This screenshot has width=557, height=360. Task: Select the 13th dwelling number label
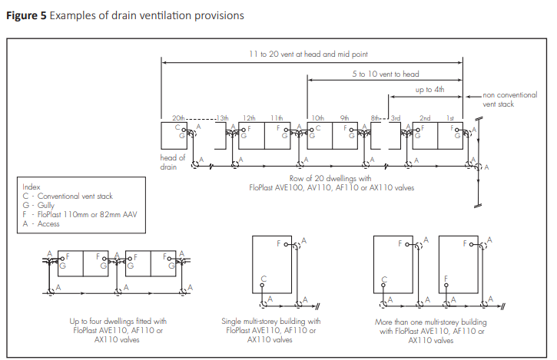[223, 117]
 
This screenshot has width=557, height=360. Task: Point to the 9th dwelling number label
[344, 117]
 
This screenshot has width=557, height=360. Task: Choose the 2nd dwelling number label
[425, 117]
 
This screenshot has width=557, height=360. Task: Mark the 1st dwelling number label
[452, 117]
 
